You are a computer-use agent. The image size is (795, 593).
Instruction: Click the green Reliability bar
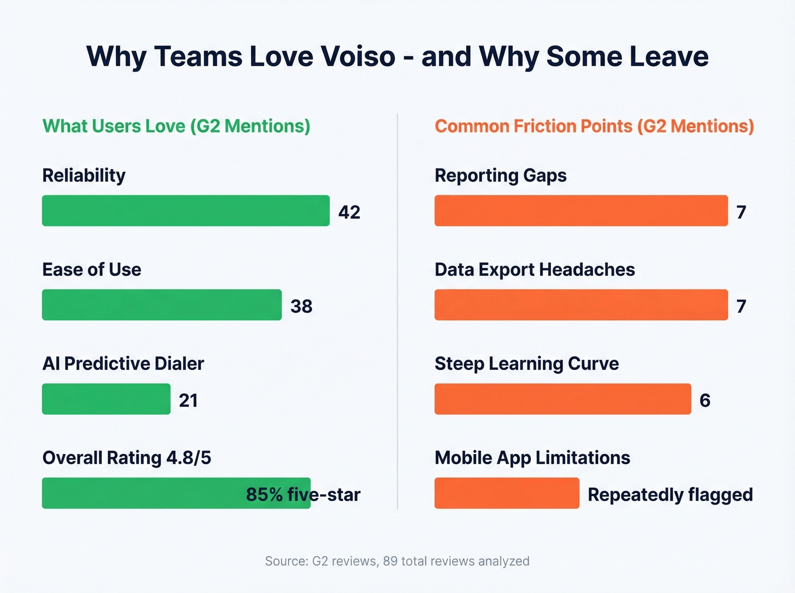[186, 211]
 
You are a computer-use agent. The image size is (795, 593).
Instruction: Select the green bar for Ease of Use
[162, 305]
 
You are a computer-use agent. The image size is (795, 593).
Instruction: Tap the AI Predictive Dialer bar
[106, 399]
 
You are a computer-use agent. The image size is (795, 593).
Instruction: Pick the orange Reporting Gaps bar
[581, 211]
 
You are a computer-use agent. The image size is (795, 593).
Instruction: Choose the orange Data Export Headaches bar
[581, 305]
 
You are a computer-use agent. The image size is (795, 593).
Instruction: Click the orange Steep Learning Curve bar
[563, 399]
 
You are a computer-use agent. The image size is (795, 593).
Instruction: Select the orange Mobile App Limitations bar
[507, 493]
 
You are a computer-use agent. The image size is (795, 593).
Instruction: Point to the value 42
[349, 212]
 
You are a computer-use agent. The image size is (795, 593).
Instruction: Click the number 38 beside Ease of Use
[301, 306]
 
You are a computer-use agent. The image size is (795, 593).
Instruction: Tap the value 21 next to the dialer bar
[189, 401]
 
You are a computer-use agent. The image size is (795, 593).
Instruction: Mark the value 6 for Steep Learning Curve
[705, 401]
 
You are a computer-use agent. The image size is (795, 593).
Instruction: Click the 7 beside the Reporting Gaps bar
[741, 212]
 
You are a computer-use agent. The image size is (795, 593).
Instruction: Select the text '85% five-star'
[303, 495]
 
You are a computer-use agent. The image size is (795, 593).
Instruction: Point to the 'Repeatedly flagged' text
[670, 495]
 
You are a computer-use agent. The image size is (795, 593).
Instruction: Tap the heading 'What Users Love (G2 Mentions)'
[177, 126]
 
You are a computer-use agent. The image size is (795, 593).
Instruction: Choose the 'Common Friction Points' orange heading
[594, 126]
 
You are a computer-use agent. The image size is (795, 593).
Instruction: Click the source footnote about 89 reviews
[397, 561]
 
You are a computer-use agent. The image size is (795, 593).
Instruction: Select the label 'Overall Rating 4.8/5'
[127, 458]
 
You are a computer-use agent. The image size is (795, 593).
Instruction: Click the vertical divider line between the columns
[397, 312]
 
